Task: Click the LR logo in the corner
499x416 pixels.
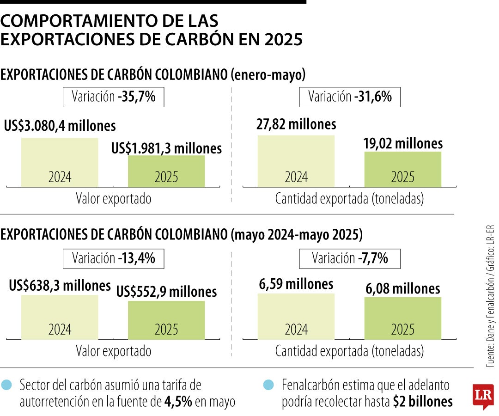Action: coord(483,396)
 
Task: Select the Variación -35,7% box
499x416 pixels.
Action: coord(113,97)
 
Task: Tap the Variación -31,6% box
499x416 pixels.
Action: coord(350,97)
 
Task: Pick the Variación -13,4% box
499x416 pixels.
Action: coord(113,258)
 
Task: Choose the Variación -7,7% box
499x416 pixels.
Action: coord(350,258)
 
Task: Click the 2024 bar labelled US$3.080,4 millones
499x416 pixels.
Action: coord(60,162)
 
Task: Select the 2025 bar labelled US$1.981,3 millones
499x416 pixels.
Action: coord(166,171)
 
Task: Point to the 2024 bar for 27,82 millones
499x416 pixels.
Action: coord(296,161)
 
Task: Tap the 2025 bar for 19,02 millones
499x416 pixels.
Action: coord(403,169)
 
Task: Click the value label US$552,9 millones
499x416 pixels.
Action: coord(166,292)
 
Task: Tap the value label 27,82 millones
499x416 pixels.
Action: coord(296,124)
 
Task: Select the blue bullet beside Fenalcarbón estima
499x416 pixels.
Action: coord(268,385)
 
